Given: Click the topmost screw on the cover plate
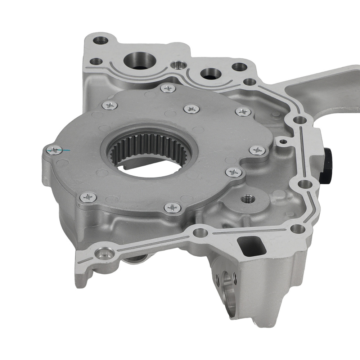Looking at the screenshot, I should coord(168,88).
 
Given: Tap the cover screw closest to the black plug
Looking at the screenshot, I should coord(257,150).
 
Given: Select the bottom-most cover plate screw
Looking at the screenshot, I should coord(172,207).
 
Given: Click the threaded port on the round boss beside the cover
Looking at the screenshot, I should coord(247,198).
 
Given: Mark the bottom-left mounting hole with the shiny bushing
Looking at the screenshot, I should coord(104,253).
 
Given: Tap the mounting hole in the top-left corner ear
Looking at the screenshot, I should coord(99,39).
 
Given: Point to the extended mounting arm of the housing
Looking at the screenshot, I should coord(324,90).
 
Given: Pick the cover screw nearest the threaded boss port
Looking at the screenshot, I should coord(233,172).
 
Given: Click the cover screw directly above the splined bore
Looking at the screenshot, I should coord(190,109).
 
